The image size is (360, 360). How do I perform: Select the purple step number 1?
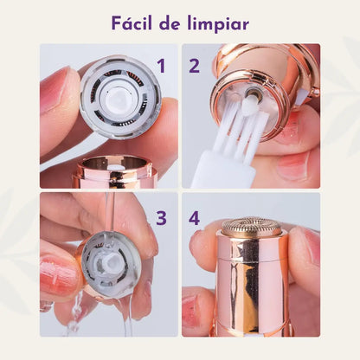coord(160,66)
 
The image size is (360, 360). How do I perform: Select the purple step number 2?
coord(194,66)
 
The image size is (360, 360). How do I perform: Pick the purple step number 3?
coord(161,217)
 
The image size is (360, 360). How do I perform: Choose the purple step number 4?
coord(194,218)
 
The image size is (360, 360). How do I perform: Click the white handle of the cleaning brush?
coord(213,173)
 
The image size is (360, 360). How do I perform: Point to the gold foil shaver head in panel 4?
coord(252,228)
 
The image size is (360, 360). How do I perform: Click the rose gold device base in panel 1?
coord(116,172)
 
